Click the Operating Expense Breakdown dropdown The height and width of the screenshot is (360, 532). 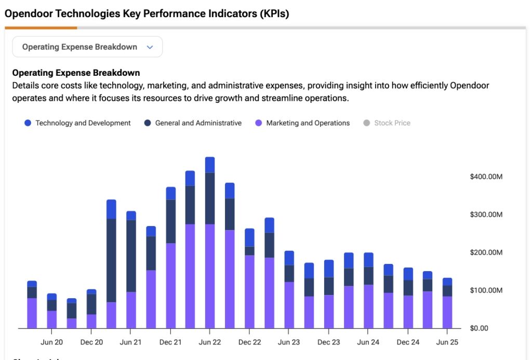tap(87, 47)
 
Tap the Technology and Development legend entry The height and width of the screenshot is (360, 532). tap(77, 123)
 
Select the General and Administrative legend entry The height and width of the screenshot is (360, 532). tap(193, 123)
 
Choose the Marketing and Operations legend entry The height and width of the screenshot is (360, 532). tap(302, 123)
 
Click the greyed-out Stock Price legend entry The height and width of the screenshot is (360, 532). tap(387, 123)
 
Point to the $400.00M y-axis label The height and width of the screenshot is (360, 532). tap(486, 177)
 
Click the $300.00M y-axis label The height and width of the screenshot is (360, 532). tap(486, 215)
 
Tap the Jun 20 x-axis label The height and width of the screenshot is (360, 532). tap(51, 342)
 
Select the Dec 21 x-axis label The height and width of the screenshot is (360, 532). tap(170, 342)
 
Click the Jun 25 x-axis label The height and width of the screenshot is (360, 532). tap(447, 342)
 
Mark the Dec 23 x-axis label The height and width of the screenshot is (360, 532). tap(328, 342)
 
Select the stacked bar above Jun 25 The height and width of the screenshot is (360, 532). tap(447, 303)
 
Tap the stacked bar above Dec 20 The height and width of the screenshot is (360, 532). tap(91, 309)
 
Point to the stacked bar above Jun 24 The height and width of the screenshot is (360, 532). tap(368, 290)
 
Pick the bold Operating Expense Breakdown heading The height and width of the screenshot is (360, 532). tap(76, 73)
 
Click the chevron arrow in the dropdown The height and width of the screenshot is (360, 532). tap(150, 47)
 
